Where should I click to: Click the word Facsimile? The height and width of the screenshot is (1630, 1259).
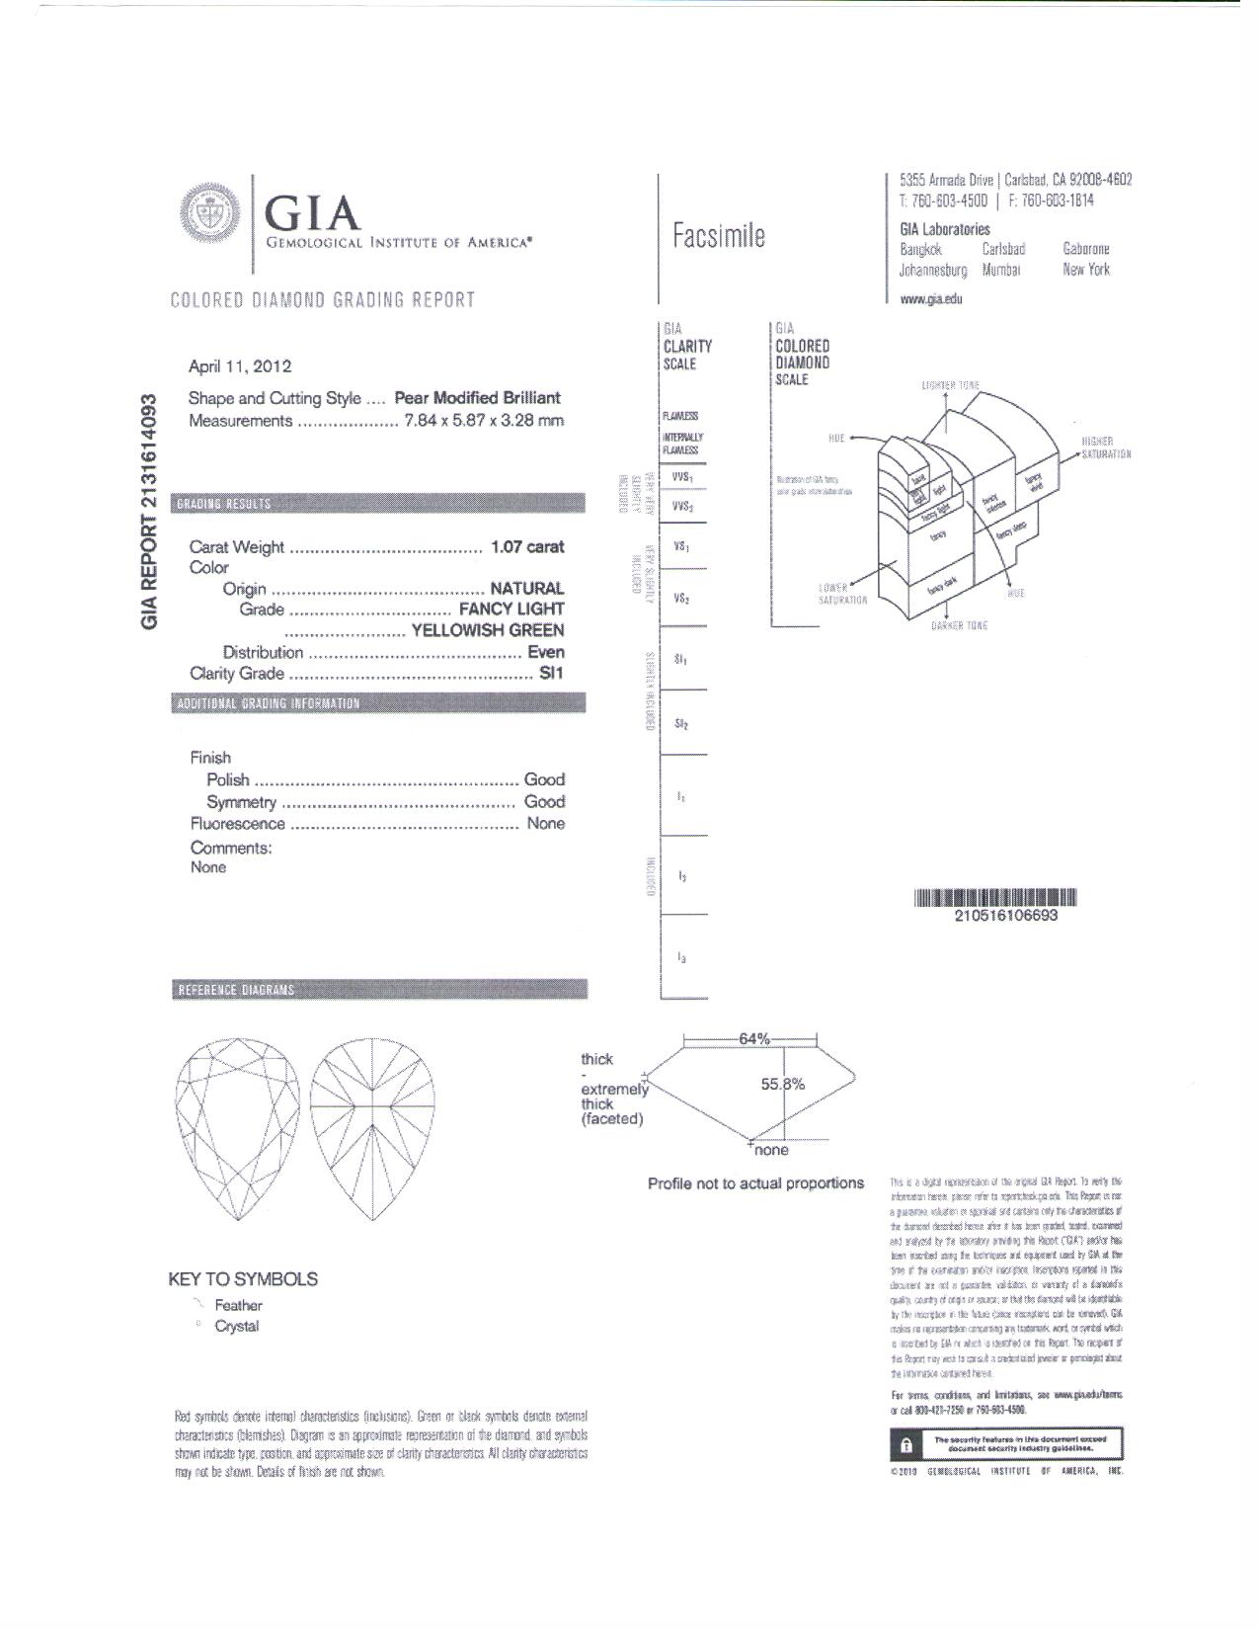coord(718,236)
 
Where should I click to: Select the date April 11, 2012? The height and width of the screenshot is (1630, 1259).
coord(240,367)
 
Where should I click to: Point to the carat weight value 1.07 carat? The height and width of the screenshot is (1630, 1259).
coord(527,547)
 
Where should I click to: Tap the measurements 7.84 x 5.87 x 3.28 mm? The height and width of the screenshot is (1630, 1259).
coord(484,421)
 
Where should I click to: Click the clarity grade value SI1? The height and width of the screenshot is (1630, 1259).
coord(551,674)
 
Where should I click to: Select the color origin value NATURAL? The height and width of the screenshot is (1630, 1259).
coord(527,589)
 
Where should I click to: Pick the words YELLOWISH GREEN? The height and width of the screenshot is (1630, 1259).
coord(488,630)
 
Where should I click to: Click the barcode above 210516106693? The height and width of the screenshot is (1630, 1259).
coord(994,898)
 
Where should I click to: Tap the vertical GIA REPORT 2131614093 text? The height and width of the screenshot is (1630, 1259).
coord(149,510)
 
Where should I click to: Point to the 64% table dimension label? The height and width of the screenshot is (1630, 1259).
coord(753,1039)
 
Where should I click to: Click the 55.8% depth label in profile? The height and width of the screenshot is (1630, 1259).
coord(782,1085)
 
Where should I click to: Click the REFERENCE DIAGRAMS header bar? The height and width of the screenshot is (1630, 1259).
coord(378,990)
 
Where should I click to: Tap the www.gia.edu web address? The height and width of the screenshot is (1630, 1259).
coord(930,298)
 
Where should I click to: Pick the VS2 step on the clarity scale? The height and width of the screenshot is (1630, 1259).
coord(681,599)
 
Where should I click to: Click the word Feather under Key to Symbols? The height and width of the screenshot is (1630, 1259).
coord(238,1306)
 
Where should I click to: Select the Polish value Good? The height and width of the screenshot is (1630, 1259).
coord(544,780)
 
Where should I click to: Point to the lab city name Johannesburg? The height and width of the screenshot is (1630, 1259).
coord(932,270)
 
